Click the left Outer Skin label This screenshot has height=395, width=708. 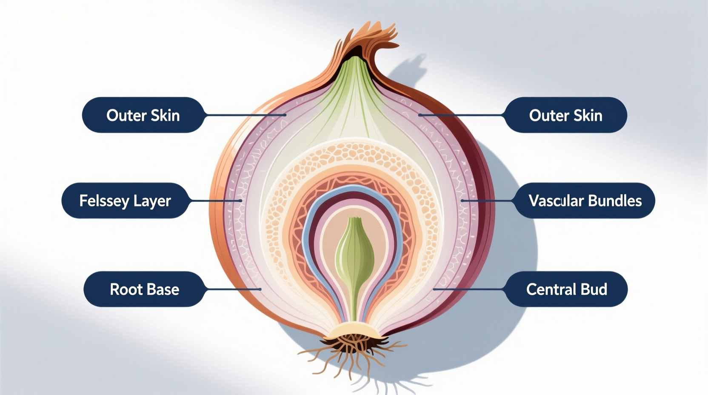(143, 115)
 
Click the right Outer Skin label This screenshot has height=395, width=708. (565, 115)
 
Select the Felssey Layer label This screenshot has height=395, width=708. (125, 200)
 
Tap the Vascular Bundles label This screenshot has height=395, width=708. (585, 200)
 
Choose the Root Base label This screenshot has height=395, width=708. (144, 289)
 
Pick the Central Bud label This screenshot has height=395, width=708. (566, 289)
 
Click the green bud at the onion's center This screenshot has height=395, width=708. (355, 255)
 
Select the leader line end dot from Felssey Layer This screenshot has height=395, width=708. (241, 200)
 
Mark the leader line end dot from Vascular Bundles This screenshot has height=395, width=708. (462, 200)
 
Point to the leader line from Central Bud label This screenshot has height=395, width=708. (468, 289)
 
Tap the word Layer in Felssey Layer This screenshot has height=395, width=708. (151, 200)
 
